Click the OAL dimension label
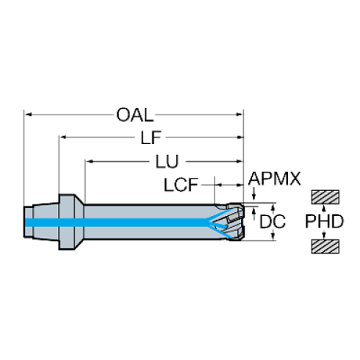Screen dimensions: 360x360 [x=135, y=115]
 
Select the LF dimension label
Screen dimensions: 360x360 [x=151, y=137]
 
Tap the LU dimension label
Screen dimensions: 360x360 [x=168, y=162]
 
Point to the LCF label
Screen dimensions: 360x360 [x=181, y=185]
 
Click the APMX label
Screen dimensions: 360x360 [x=274, y=179]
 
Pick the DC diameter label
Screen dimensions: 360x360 [x=273, y=221]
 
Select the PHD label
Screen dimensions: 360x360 [x=324, y=221]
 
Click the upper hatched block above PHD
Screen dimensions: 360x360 [x=325, y=197]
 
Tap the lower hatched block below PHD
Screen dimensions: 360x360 [x=325, y=246]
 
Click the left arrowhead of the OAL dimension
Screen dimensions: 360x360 [x=29, y=115]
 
